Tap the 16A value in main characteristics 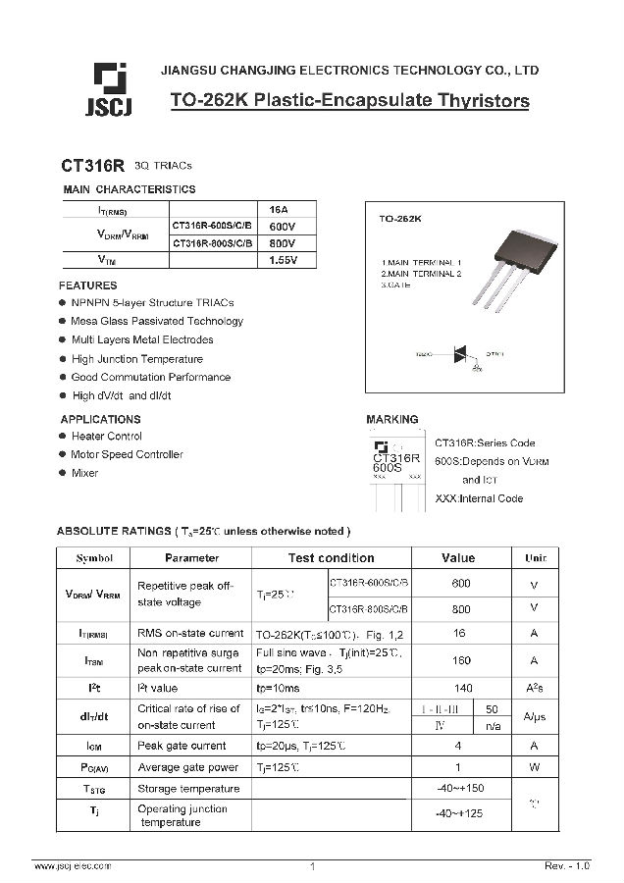point(279,209)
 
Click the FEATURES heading point(87,286)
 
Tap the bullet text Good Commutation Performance point(151,377)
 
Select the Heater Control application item point(107,437)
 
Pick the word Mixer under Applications point(85,473)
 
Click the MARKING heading point(391,419)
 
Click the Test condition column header point(331,558)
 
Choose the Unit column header point(535,558)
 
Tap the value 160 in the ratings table point(461,661)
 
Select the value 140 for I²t point(461,690)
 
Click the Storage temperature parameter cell point(188,789)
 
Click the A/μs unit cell point(535,717)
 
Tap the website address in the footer point(74,866)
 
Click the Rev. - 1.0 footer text point(567,866)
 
